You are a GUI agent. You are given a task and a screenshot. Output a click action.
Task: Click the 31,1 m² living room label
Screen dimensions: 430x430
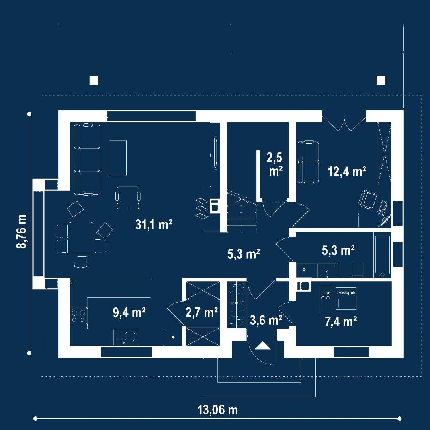tap(154, 225)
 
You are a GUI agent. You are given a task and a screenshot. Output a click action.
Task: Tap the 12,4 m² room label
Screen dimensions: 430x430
tap(347, 172)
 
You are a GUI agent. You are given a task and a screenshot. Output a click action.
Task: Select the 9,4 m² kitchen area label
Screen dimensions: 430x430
tap(129, 313)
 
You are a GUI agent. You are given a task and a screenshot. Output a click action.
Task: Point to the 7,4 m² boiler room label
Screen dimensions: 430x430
tap(341, 321)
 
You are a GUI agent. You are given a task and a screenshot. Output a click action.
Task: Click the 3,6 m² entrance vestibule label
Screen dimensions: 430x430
tap(266, 320)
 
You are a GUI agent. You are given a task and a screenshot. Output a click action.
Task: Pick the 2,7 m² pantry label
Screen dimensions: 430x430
tap(201, 313)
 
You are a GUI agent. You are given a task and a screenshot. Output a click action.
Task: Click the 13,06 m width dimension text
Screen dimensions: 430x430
tap(217, 410)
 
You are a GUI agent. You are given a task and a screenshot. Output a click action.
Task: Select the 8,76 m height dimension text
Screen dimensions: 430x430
tap(21, 231)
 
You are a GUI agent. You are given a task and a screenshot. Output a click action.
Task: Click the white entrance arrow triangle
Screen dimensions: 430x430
tap(263, 345)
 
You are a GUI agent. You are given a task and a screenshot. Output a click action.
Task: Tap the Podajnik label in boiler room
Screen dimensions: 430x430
tap(346, 293)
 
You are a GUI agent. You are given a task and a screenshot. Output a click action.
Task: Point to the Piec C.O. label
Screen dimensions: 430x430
tap(326, 295)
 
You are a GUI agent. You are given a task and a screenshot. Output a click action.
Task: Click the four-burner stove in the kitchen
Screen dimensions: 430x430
tap(78, 316)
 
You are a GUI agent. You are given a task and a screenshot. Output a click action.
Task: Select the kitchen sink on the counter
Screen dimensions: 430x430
tap(125, 338)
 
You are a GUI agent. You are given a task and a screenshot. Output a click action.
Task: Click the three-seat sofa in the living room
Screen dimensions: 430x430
tap(87, 159)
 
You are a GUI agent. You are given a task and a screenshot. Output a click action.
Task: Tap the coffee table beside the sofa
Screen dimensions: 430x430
tap(117, 158)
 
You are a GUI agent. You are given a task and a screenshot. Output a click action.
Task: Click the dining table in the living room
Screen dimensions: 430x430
tap(80, 238)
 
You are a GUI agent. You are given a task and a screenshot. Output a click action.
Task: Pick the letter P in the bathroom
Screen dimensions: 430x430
tap(304, 270)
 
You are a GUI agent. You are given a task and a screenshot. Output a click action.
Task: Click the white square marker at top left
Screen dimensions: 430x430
tap(94, 80)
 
